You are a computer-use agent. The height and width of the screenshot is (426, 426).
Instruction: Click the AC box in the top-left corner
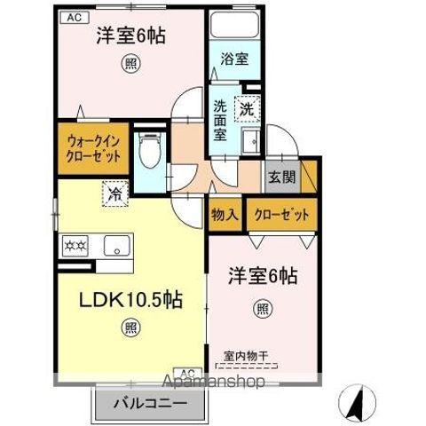74,17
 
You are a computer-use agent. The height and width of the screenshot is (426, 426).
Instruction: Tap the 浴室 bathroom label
234,59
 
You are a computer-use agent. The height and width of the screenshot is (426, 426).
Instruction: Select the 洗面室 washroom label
222,120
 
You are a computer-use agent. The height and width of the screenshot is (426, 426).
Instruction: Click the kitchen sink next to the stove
115,244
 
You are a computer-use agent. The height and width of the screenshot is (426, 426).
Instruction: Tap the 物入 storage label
224,215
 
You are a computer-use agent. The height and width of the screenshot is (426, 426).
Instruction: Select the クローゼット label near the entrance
282,215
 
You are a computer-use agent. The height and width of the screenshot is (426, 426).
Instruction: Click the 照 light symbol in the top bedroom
130,63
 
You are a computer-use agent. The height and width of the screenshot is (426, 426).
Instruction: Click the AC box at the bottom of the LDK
188,374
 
